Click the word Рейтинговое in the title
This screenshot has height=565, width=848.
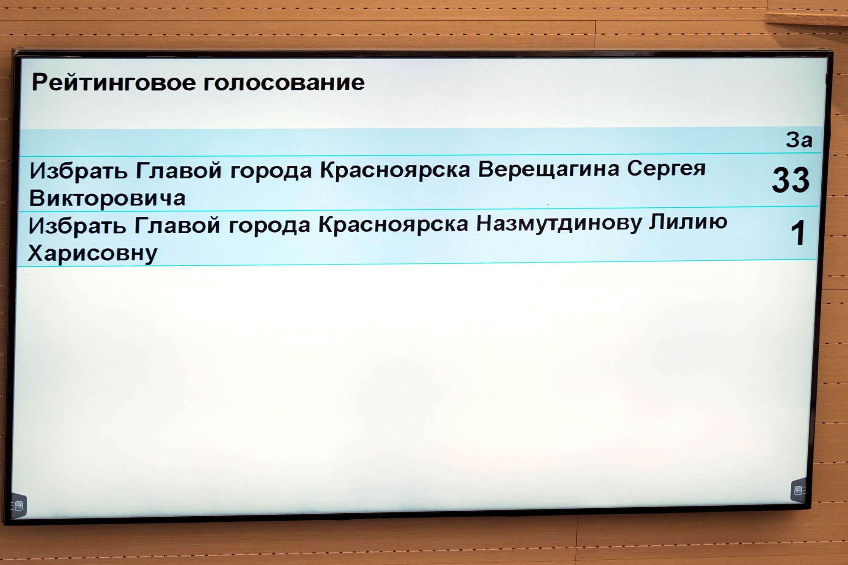point(114,82)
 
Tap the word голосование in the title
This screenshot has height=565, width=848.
point(284,82)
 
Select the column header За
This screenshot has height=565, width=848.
point(799,140)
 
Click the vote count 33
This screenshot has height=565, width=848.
point(791,180)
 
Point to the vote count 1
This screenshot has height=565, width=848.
point(798,233)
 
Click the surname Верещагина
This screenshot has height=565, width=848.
point(549,169)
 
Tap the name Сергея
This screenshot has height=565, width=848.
point(666,169)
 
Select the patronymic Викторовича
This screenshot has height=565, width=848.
point(107,198)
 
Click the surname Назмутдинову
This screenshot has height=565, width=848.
point(559,223)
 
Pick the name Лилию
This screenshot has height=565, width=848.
point(688,222)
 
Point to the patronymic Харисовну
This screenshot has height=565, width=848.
point(92,253)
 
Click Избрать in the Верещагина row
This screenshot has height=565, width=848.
point(78,171)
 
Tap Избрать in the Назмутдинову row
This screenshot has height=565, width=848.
point(77,226)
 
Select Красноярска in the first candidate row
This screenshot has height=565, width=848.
point(395,170)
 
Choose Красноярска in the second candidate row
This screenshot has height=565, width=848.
point(393,225)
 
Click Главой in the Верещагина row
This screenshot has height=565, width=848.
point(179,170)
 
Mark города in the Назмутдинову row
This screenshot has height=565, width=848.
point(270,225)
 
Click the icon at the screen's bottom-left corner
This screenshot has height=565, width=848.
point(18,506)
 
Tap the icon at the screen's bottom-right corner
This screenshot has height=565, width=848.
point(799,490)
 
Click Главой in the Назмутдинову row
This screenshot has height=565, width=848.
point(177,225)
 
